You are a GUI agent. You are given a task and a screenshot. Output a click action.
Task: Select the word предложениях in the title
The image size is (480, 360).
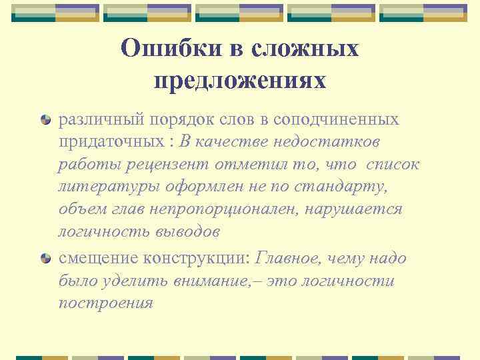[240, 80]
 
